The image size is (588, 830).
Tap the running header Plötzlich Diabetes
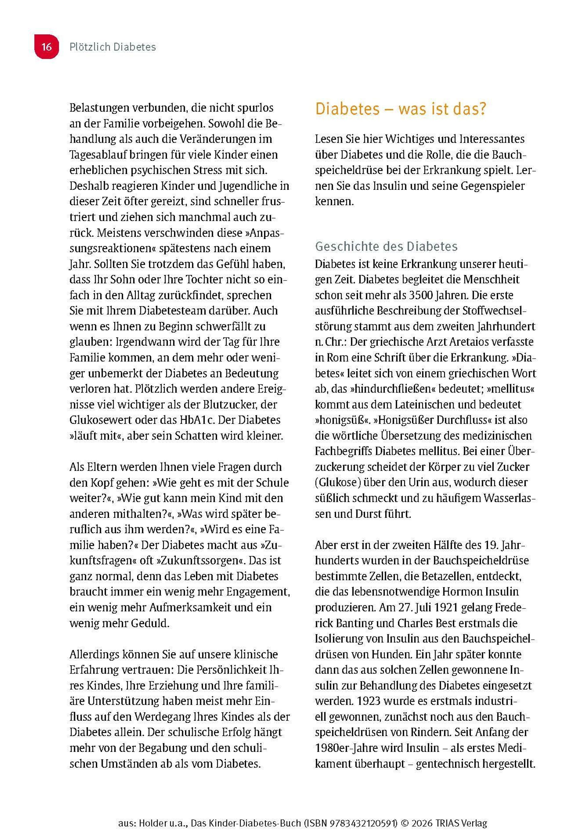click(113, 47)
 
